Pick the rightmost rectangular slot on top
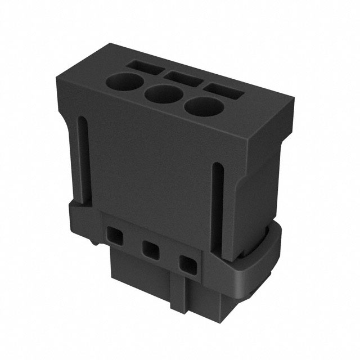[x=223, y=90]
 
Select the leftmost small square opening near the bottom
[x=114, y=234]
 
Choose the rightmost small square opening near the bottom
[x=187, y=263]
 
